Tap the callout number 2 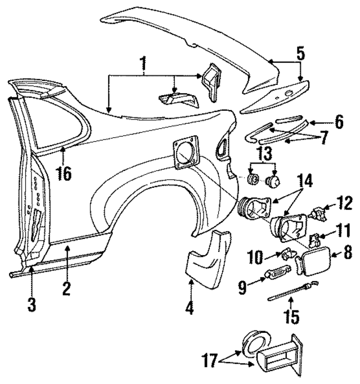pos(66,289)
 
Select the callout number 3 pos(31,305)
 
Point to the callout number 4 pos(191,308)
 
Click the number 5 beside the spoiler pos(300,55)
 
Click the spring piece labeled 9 pos(273,276)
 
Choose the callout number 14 pos(304,182)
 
